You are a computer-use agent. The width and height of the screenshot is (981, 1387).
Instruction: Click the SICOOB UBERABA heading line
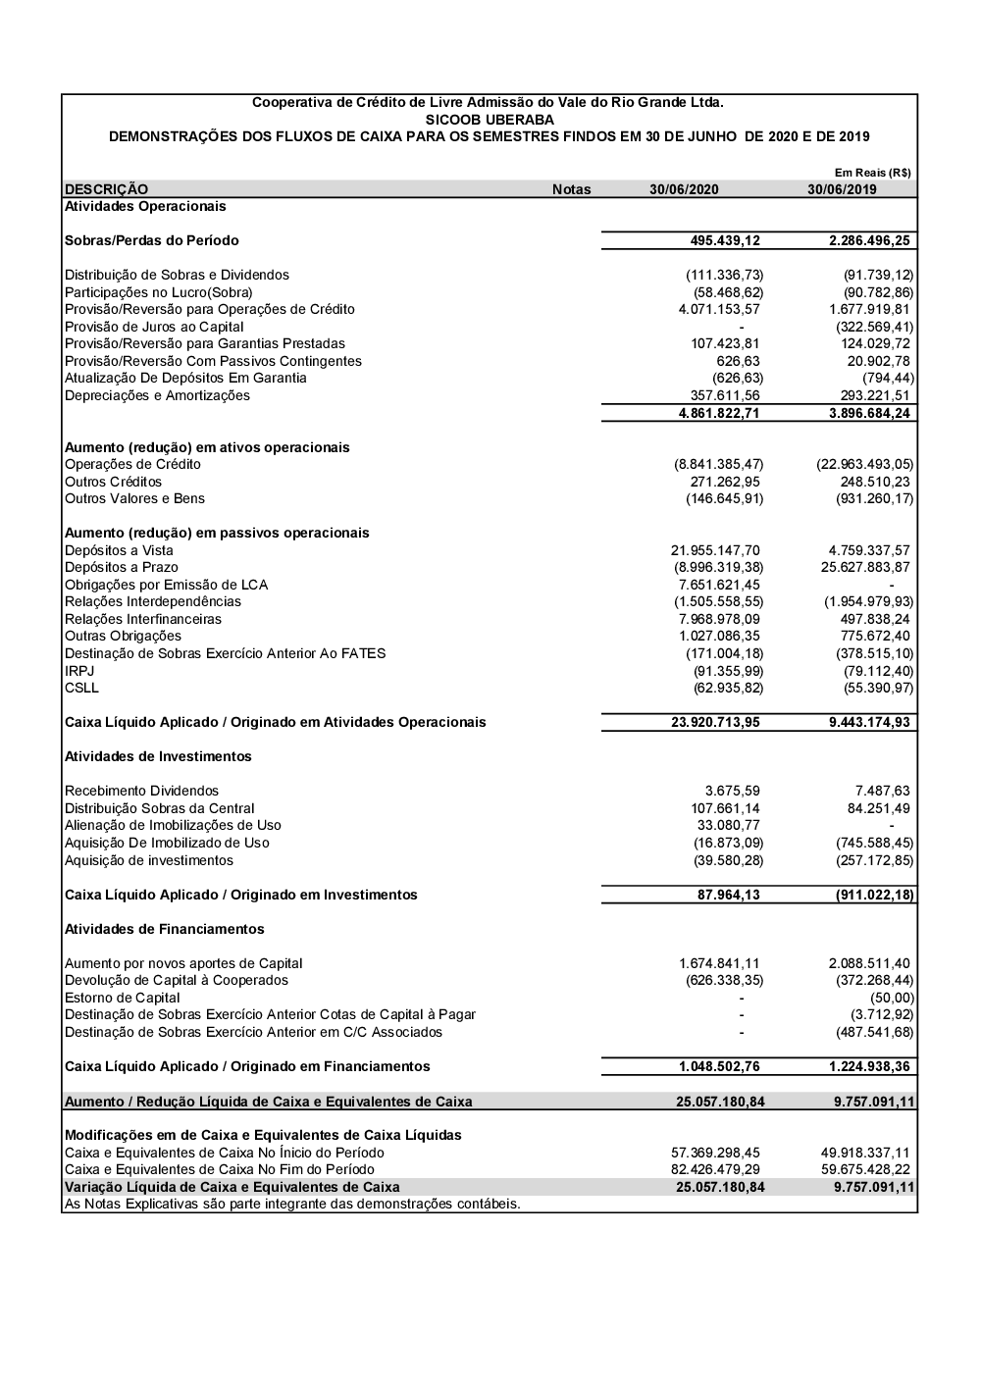click(489, 120)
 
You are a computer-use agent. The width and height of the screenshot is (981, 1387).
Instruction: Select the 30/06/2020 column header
click(684, 189)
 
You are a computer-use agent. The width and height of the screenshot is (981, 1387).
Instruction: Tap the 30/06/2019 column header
click(843, 189)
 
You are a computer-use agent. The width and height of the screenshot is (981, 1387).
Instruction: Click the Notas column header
click(571, 189)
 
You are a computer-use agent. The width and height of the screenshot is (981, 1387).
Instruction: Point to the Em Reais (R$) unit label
click(873, 173)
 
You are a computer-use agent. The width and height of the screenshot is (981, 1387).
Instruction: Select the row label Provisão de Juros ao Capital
click(154, 327)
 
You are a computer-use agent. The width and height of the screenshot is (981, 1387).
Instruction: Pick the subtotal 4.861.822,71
click(719, 413)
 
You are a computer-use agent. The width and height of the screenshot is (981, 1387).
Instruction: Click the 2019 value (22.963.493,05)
click(864, 464)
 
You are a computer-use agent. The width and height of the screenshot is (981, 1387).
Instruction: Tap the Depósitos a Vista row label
click(119, 550)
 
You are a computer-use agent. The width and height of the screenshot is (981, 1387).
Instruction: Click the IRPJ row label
click(80, 671)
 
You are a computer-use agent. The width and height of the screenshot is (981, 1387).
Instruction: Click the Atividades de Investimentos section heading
click(158, 756)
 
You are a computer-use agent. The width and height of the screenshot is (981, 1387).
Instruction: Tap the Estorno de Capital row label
click(123, 998)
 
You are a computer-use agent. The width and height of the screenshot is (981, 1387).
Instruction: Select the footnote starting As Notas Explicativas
click(292, 1204)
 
